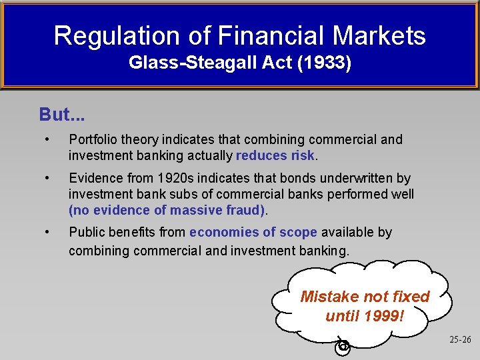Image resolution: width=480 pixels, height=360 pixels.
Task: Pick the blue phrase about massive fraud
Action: click(x=167, y=210)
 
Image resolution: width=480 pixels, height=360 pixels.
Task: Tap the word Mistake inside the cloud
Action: click(x=327, y=296)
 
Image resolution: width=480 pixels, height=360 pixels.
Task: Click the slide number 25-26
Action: click(x=459, y=339)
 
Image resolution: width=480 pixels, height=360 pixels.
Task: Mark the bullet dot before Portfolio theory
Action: click(x=47, y=139)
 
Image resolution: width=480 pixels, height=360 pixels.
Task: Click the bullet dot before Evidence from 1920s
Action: click(x=47, y=178)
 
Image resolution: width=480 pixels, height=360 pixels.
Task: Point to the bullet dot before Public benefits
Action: click(x=47, y=232)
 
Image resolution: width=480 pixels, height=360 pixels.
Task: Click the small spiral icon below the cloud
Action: click(x=343, y=345)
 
